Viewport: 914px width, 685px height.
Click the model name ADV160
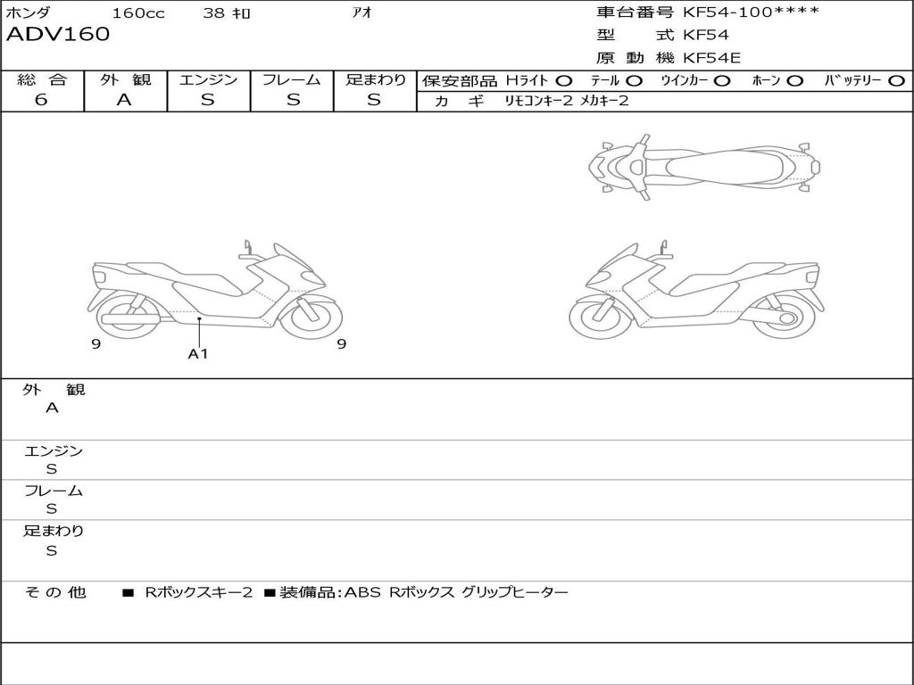58,35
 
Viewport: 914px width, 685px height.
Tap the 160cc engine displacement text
138,12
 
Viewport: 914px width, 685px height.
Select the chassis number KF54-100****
751,12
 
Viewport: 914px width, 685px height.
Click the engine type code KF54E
711,58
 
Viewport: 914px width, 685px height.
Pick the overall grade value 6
41,100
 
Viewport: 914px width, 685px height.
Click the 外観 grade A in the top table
124,100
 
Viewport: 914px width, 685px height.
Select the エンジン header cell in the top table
208,79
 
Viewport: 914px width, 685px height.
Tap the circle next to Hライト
564,81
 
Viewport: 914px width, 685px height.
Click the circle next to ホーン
794,81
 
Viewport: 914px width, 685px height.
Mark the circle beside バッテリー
897,81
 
